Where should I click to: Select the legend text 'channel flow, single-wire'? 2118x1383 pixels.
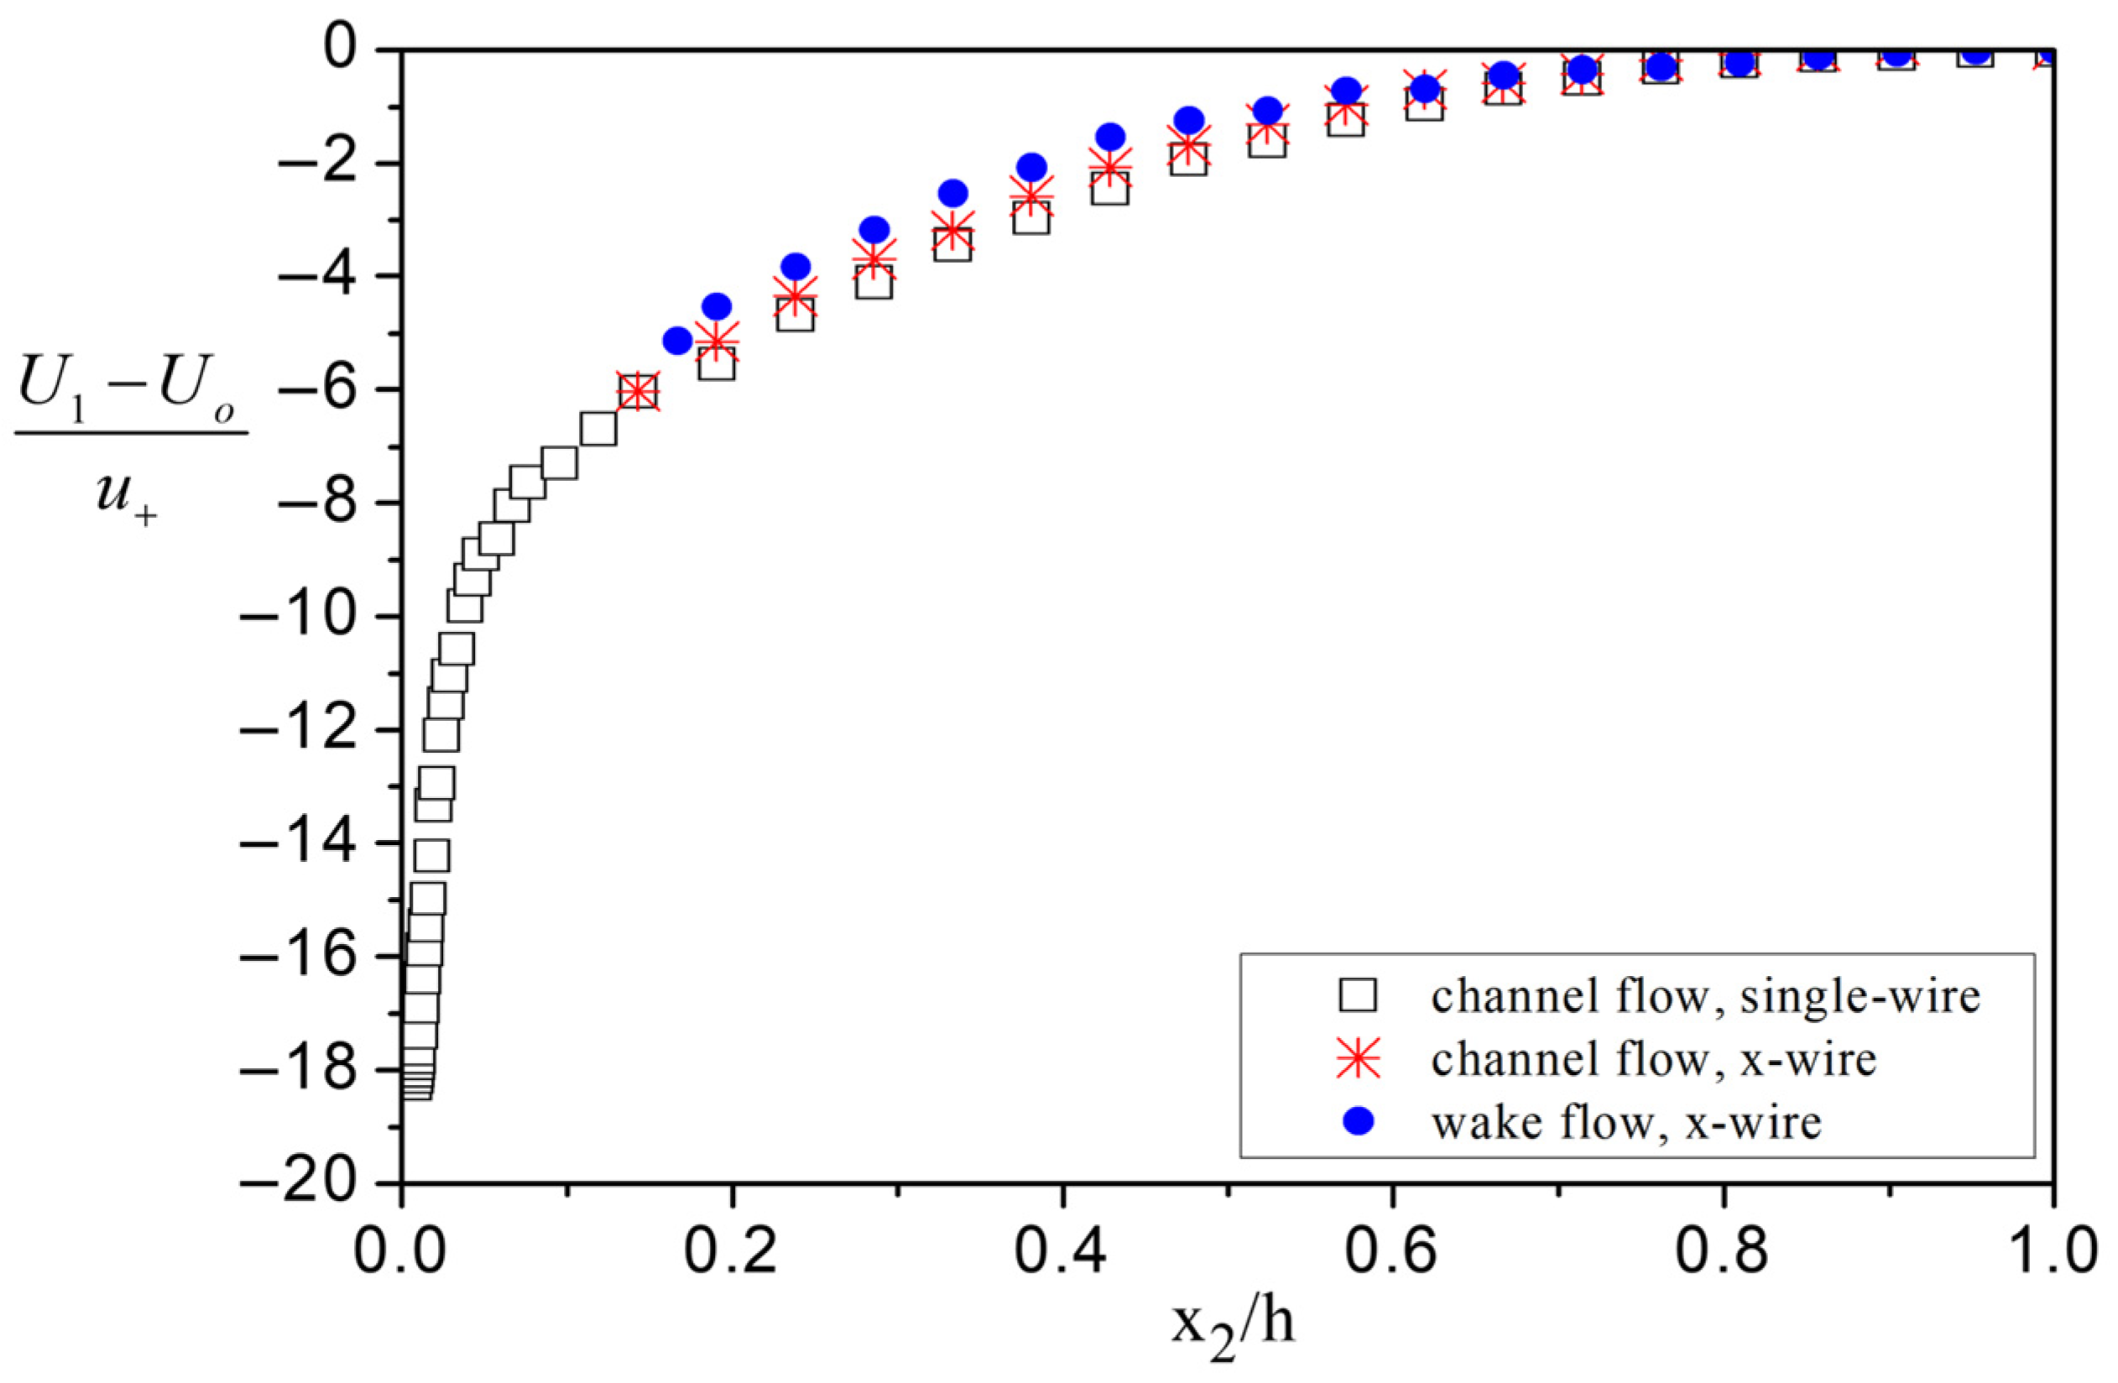coord(1705,996)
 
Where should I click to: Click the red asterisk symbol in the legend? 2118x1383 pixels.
coord(1358,1059)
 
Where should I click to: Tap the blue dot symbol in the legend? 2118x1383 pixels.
coord(1358,1122)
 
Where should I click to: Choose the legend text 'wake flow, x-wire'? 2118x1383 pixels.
coord(1626,1122)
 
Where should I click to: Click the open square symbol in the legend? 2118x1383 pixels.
coord(1358,996)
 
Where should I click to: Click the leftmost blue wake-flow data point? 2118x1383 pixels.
coord(677,339)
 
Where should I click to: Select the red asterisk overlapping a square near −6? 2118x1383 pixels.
coord(637,389)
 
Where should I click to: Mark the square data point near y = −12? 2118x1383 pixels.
coord(441,735)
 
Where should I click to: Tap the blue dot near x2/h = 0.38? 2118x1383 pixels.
coord(1031,166)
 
